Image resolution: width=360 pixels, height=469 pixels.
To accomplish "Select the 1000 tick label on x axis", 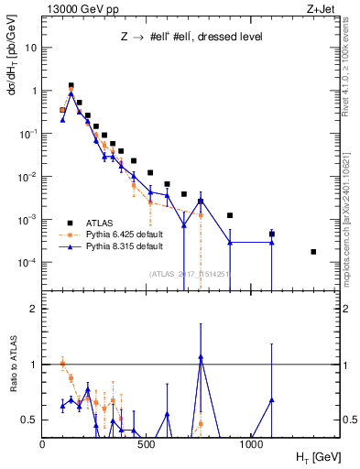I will coord(253,444).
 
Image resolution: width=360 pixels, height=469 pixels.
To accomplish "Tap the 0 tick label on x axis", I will coord(43,444).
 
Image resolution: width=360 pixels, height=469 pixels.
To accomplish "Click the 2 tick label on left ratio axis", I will coord(33,309).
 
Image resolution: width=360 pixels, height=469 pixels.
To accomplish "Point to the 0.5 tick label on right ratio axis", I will coord(350,420).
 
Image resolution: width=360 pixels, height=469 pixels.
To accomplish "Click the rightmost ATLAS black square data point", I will coord(313,251).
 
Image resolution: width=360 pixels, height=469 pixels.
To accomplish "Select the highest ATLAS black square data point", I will coord(71,85).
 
